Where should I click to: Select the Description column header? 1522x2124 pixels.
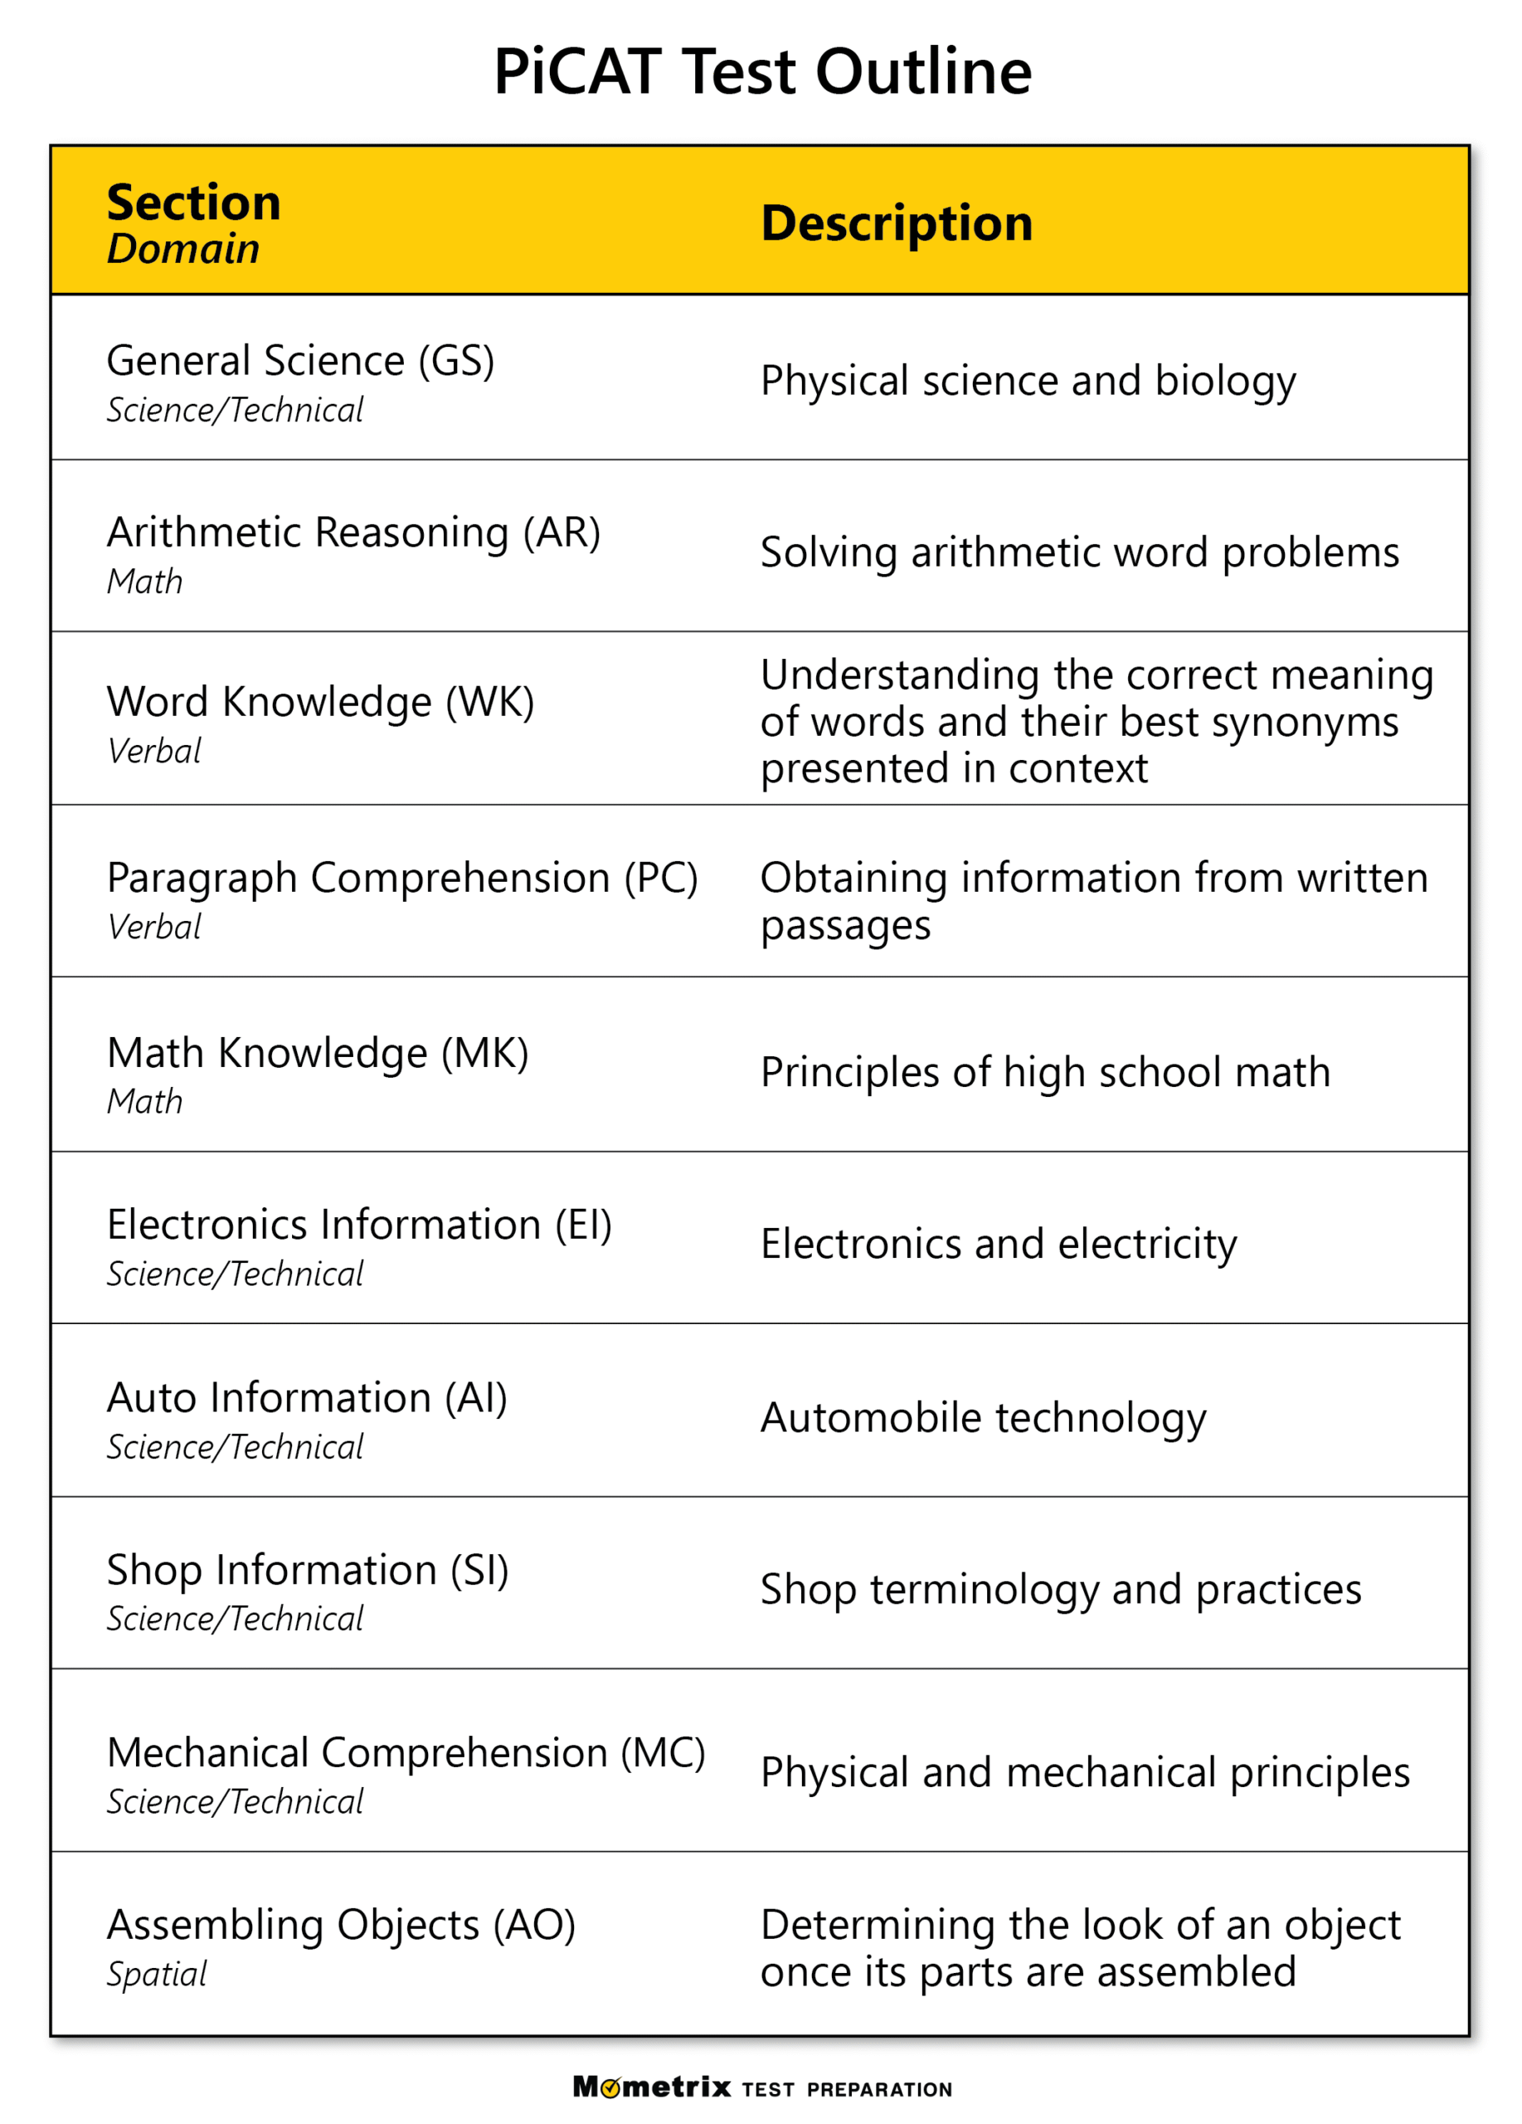[x=896, y=223]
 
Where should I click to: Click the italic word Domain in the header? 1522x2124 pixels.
[x=182, y=249]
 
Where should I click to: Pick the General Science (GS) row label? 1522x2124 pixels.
[x=299, y=361]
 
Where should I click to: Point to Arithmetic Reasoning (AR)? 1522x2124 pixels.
[x=353, y=532]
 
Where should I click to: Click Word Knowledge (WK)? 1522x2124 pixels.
[x=320, y=701]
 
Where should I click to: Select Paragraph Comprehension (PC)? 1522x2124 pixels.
[x=401, y=878]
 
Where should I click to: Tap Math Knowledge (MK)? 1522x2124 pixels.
[x=318, y=1052]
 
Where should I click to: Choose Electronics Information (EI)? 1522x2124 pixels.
[x=358, y=1224]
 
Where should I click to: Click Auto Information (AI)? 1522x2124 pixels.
[x=306, y=1397]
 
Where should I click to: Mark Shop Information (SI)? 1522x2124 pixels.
[x=307, y=1570]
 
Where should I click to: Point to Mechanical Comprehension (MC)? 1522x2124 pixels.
[x=406, y=1752]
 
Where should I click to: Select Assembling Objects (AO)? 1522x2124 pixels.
[x=341, y=1925]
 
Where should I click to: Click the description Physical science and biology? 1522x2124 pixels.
[x=1027, y=380]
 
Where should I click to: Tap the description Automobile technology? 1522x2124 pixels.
[x=983, y=1417]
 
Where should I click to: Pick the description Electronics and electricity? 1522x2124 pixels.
[x=998, y=1244]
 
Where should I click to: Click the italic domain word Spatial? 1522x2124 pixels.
[x=156, y=1974]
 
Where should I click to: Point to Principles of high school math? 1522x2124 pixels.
[x=1044, y=1071]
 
